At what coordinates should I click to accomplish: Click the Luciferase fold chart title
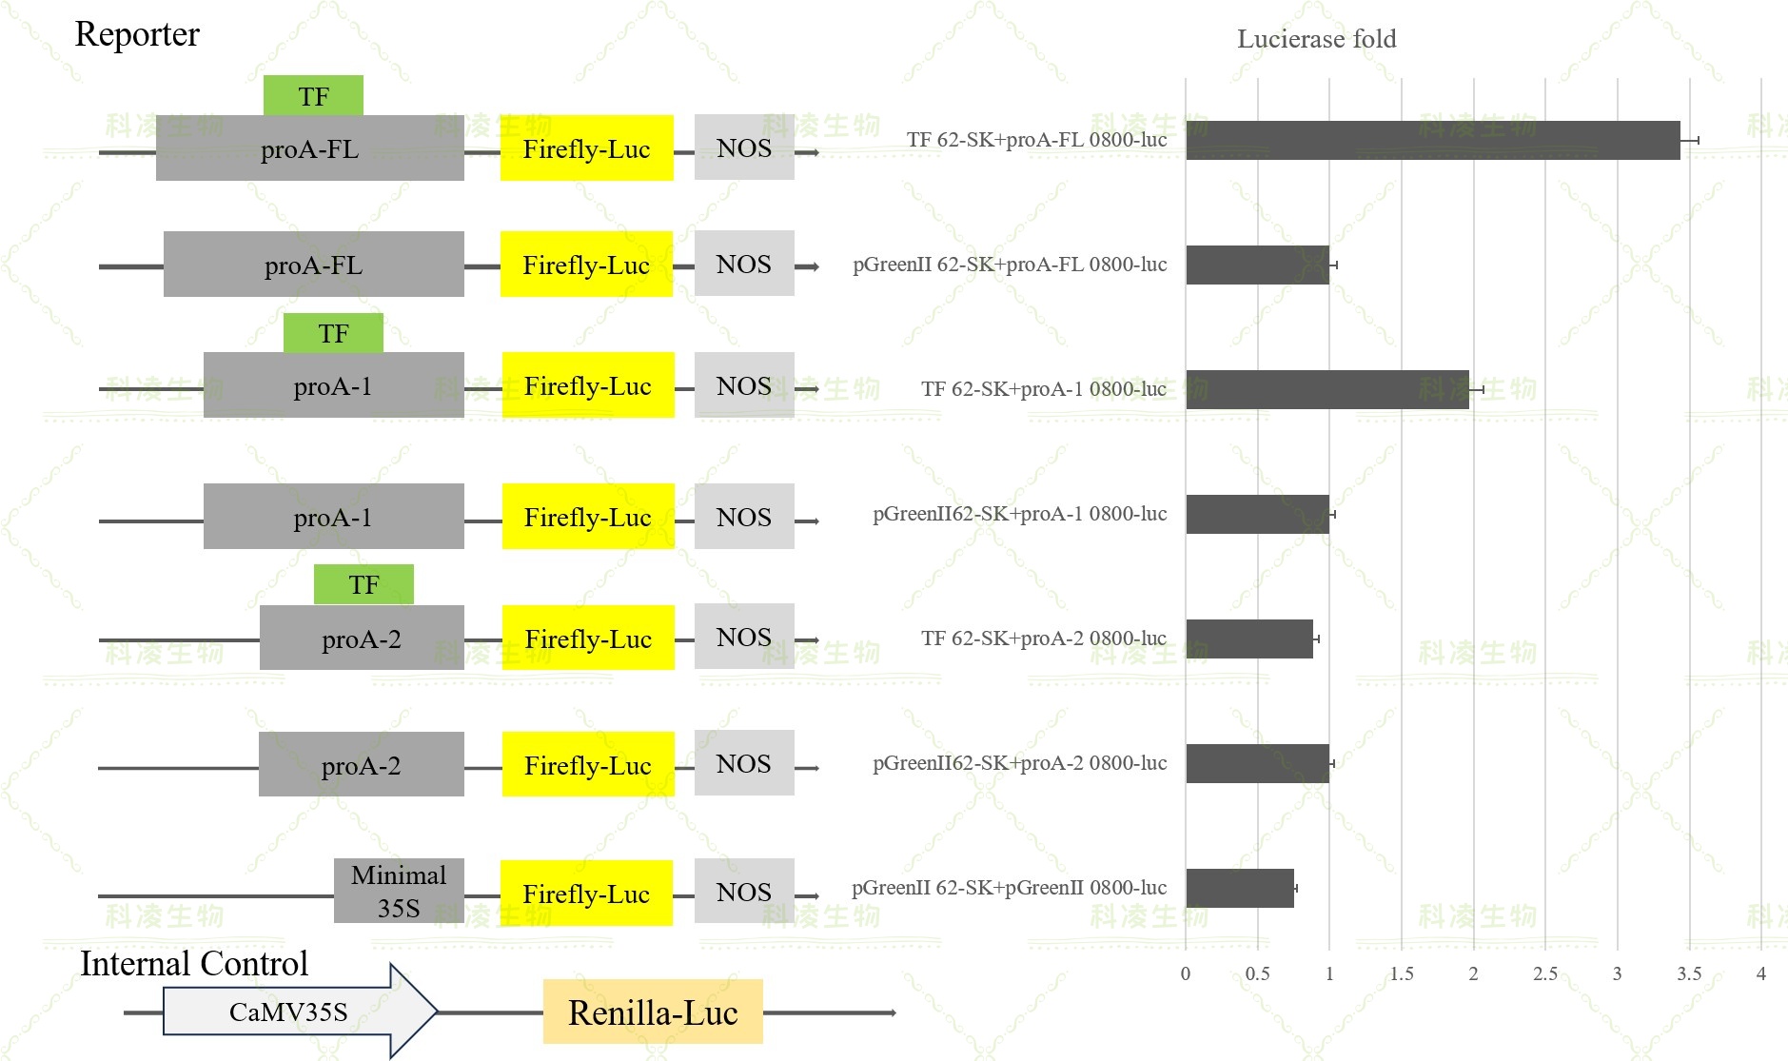click(1316, 39)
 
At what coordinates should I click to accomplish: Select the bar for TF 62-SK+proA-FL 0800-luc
click(1432, 140)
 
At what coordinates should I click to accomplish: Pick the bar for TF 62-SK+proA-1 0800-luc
click(1326, 389)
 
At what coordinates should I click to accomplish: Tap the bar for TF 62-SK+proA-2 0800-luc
click(1248, 639)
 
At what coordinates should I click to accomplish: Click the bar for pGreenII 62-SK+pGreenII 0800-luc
click(1239, 888)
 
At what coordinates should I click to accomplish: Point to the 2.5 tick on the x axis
click(1545, 973)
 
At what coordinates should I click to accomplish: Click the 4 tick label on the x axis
click(1760, 973)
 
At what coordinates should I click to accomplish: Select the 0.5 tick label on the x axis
click(1257, 973)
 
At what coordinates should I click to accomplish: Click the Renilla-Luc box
click(653, 1012)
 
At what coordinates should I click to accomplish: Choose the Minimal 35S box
click(399, 891)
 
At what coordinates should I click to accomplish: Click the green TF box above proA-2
click(363, 584)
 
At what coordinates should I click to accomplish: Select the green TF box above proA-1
click(333, 333)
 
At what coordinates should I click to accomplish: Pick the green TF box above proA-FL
click(313, 96)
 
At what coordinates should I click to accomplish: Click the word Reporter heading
click(137, 34)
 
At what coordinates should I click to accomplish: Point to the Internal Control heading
click(194, 963)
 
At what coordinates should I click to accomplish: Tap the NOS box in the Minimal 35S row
click(744, 892)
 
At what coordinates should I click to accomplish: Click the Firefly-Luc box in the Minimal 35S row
click(586, 894)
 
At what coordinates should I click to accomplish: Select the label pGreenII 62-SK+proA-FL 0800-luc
click(1009, 265)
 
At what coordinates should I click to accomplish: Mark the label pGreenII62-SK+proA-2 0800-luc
click(1019, 763)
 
